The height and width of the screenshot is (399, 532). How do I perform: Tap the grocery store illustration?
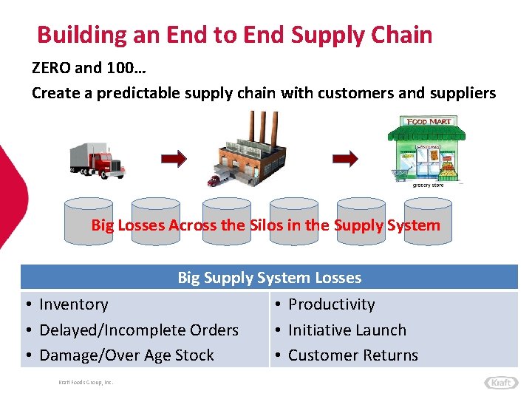pos(426,151)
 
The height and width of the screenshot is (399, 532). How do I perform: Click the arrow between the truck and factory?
pos(174,158)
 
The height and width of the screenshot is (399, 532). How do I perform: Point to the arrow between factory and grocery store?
pos(344,158)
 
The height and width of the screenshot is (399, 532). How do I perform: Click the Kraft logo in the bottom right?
pos(501,382)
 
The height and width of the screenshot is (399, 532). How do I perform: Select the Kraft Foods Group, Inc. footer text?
pos(85,382)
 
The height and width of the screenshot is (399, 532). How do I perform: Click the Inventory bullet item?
pos(73,304)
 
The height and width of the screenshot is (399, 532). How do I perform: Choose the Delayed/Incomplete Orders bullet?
pos(138,330)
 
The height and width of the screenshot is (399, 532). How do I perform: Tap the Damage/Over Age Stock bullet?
pos(126,355)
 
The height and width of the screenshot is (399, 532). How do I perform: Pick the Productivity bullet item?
pos(331,304)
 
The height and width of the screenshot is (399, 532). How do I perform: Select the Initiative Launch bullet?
pos(347,330)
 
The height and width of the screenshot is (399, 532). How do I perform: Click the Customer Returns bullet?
pos(352,355)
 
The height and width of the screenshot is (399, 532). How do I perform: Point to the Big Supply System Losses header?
pos(269,278)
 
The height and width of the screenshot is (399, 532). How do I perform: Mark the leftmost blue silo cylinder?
pos(89,220)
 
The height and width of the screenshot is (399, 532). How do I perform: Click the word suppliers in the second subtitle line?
pos(465,93)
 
